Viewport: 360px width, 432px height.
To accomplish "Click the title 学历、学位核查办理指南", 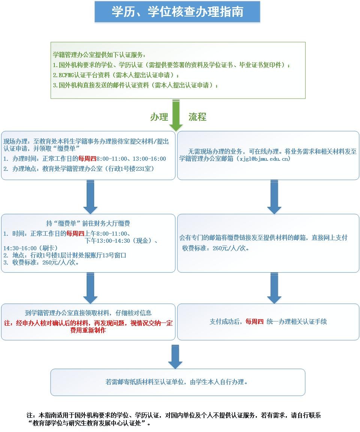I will click(x=177, y=12).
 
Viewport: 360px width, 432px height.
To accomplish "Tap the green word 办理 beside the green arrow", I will click(x=159, y=117).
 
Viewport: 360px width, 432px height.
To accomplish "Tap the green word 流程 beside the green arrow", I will click(x=197, y=117).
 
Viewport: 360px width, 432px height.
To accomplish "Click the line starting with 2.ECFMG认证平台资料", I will click(x=116, y=75).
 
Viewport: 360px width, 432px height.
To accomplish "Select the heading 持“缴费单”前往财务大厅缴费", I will click(x=88, y=224).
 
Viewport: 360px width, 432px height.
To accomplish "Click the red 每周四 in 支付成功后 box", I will click(x=255, y=321).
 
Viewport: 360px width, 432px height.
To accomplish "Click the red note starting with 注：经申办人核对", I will click(x=88, y=327).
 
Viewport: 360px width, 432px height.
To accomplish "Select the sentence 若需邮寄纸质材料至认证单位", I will click(x=178, y=382).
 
